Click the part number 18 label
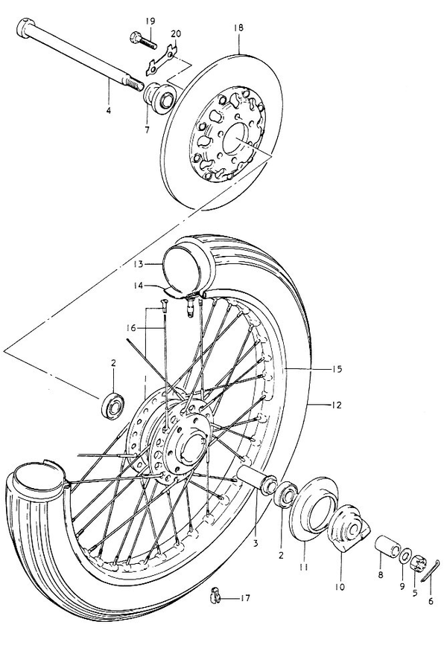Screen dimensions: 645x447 pos(238,28)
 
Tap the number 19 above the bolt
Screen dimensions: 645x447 pos(150,19)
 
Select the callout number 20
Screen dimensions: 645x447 pos(176,34)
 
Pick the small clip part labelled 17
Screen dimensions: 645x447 pos(215,595)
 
